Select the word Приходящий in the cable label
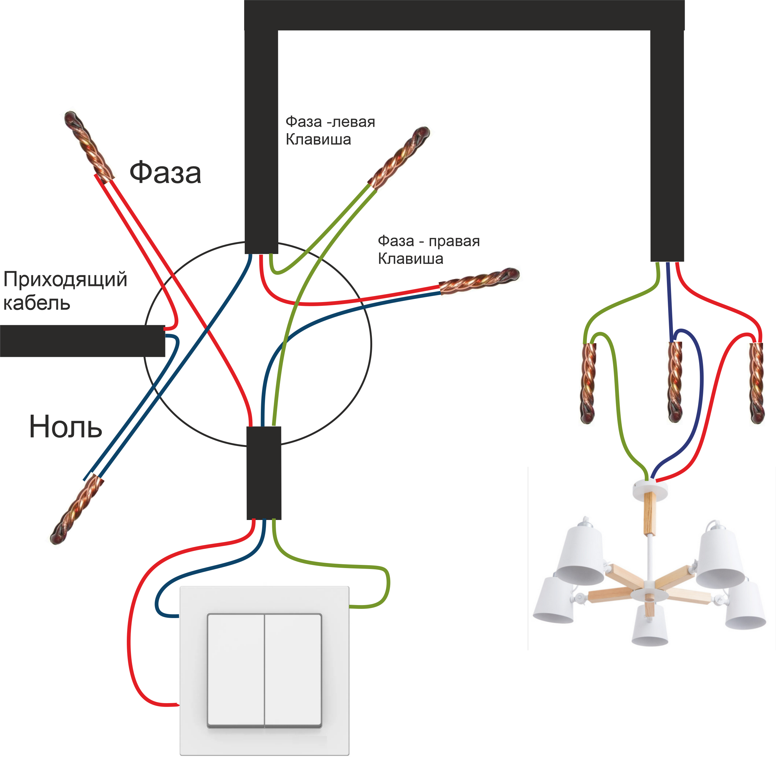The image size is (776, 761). (65, 279)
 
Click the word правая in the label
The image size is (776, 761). (454, 241)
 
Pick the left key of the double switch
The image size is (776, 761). (236, 670)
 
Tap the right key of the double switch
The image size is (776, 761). (293, 670)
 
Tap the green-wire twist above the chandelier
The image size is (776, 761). (588, 382)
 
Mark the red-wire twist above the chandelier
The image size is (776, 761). (756, 382)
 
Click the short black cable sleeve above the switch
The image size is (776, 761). (264, 473)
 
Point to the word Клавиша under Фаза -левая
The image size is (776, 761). (318, 139)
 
